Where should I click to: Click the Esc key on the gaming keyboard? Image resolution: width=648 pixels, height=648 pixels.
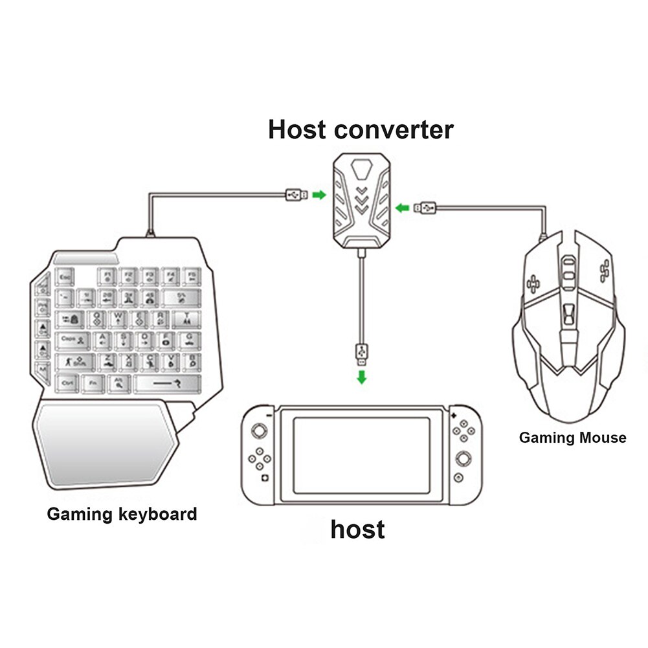[x=65, y=276]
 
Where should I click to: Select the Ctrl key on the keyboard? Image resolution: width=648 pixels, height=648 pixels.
[x=67, y=383]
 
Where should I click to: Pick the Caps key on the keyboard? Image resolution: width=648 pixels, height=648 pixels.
[x=72, y=339]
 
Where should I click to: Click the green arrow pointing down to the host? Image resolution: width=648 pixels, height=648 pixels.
[x=362, y=377]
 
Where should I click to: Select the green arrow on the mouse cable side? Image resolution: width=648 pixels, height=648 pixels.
[x=402, y=208]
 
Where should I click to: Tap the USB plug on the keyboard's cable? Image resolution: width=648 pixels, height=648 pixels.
[x=296, y=194]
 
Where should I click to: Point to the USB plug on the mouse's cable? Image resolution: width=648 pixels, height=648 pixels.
[x=426, y=208]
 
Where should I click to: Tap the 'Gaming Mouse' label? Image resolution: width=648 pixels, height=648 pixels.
[x=572, y=438]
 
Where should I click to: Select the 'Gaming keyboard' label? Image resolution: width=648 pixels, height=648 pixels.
[x=122, y=515]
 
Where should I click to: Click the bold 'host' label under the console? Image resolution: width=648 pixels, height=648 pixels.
[x=357, y=529]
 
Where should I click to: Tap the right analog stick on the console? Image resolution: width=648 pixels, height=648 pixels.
[x=464, y=457]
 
